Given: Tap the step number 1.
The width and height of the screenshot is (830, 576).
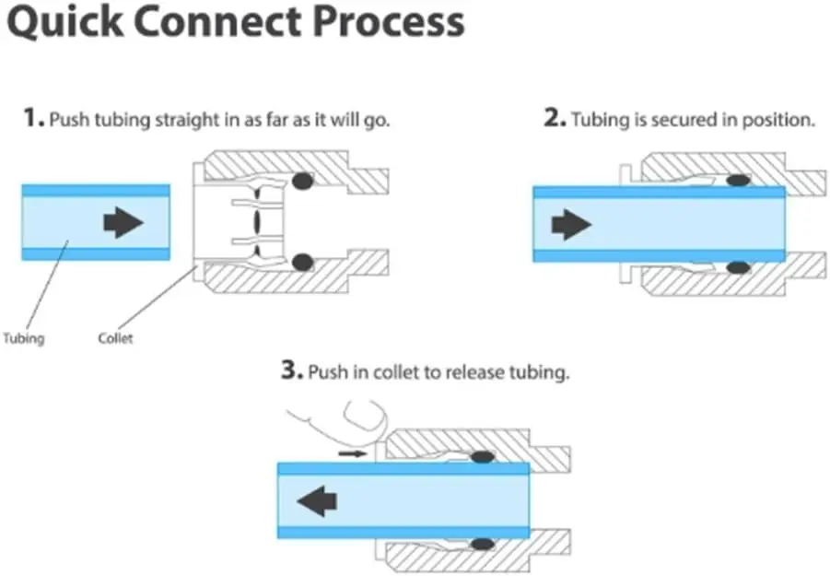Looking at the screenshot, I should click(33, 119).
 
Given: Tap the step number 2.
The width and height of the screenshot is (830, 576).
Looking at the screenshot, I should click(555, 119).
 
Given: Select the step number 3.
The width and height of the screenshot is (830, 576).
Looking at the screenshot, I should click(291, 371).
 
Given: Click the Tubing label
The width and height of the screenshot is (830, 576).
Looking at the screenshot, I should click(23, 338).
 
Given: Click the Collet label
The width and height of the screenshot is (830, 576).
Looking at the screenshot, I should click(115, 338).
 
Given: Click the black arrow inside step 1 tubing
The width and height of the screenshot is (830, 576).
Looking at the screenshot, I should click(123, 222).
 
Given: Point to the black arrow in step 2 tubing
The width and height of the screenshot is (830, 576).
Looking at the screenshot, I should click(570, 224).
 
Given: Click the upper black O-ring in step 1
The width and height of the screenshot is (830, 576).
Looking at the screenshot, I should click(302, 182).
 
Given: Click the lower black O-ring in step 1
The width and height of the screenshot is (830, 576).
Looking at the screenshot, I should click(302, 263).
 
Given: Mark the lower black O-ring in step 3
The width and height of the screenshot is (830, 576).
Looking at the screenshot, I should click(481, 544).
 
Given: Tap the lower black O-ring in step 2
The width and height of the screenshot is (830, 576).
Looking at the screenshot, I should click(737, 267).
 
